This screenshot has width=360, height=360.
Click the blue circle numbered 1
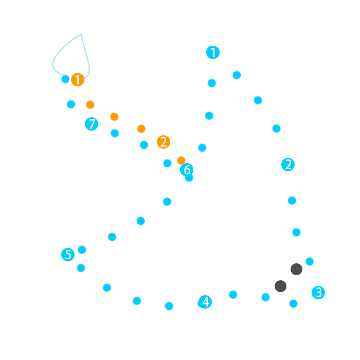point(213,52)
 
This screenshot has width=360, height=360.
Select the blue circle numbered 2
point(288,165)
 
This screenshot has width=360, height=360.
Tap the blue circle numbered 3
point(318,293)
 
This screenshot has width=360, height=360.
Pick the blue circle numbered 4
point(206,302)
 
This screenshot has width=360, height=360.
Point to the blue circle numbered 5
point(68,255)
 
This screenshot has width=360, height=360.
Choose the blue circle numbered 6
point(187,170)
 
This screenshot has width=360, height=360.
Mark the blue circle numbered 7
point(92,124)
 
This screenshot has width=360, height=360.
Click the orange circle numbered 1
point(78,80)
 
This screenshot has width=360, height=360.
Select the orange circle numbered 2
point(164,142)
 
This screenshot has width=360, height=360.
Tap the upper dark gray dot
point(296,269)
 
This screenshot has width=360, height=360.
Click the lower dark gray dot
point(280,286)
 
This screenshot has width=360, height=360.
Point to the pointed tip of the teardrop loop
point(81,34)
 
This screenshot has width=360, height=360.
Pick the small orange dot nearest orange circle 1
point(90,105)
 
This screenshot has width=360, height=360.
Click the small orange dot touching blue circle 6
point(181,160)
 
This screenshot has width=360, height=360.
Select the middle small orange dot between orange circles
point(114,117)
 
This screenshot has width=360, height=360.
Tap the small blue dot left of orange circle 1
point(65,79)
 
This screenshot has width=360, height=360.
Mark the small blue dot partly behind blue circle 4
point(201,303)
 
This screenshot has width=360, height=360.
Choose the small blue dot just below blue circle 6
point(189,178)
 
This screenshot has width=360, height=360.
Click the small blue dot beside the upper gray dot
point(310,261)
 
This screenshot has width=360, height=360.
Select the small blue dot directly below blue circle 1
point(211,83)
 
